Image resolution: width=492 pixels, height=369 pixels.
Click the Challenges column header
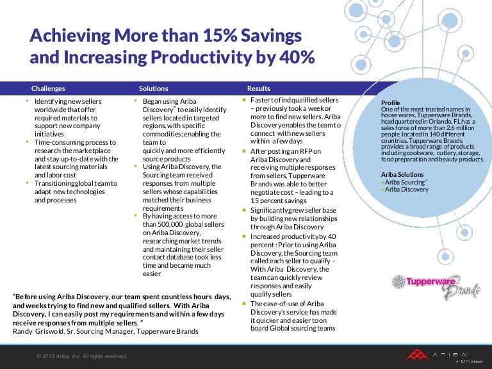pyautogui.click(x=48, y=88)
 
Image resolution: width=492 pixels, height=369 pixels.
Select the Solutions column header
pyautogui.click(x=153, y=88)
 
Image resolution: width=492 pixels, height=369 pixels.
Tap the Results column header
pyautogui.click(x=259, y=88)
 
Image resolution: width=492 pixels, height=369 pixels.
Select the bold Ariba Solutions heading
pyautogui.click(x=402, y=174)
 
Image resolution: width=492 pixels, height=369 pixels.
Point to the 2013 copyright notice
pyautogui.click(x=81, y=356)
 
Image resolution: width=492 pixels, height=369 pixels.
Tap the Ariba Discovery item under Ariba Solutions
pyautogui.click(x=406, y=190)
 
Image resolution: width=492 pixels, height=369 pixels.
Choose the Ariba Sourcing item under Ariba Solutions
pyautogui.click(x=405, y=182)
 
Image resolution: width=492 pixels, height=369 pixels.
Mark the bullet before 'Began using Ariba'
pyautogui.click(x=135, y=101)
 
